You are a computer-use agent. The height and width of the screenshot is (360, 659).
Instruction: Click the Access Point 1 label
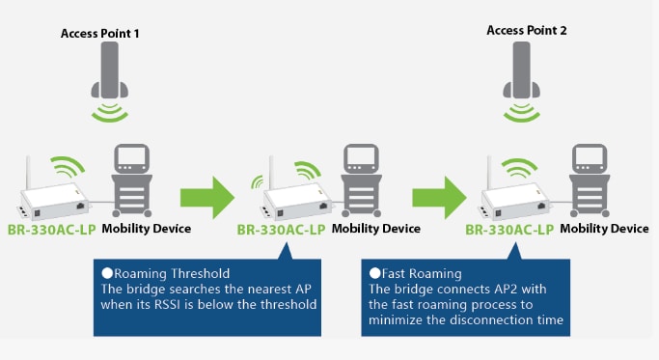(101, 33)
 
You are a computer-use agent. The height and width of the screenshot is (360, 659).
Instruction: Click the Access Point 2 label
(527, 31)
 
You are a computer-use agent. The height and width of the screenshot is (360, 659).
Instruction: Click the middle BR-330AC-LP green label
(282, 230)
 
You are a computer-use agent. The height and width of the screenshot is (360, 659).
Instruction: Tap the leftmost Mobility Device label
(147, 229)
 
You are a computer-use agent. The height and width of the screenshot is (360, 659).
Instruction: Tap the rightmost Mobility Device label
(604, 229)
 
